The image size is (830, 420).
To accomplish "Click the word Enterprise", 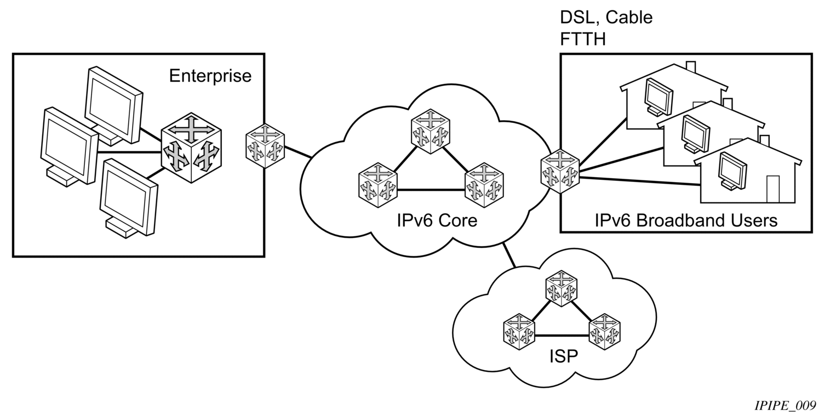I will [x=210, y=76].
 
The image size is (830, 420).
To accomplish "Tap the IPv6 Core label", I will [x=437, y=220].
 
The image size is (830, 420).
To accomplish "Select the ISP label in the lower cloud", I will [x=563, y=356].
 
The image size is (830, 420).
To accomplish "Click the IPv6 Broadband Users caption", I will [x=686, y=220].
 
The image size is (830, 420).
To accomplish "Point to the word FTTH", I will [x=582, y=39].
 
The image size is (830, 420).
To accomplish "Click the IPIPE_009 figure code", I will [x=785, y=406].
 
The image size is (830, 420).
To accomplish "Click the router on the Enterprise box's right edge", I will [x=265, y=146].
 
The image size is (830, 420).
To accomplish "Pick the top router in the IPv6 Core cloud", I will [x=430, y=131].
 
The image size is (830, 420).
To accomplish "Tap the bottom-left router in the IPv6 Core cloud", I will [x=377, y=185].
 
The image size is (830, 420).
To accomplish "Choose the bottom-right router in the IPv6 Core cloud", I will [x=484, y=185].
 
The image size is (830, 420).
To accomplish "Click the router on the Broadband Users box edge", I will [x=560, y=171].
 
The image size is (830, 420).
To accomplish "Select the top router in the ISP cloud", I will [x=561, y=288].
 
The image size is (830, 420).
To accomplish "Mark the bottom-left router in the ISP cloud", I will [x=519, y=332].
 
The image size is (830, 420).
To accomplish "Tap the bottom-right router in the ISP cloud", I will [x=604, y=332].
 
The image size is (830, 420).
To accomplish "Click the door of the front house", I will [x=772, y=189].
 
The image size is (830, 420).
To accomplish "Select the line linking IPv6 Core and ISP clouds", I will [x=510, y=254].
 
